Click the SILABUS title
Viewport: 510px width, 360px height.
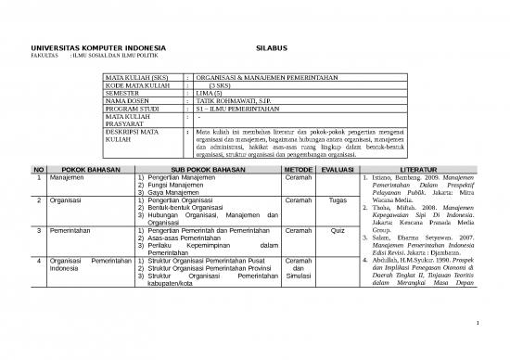pyautogui.click(x=271, y=45)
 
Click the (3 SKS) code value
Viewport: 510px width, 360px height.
pyautogui.click(x=223, y=84)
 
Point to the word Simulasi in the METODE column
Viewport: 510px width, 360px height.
pyautogui.click(x=299, y=276)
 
